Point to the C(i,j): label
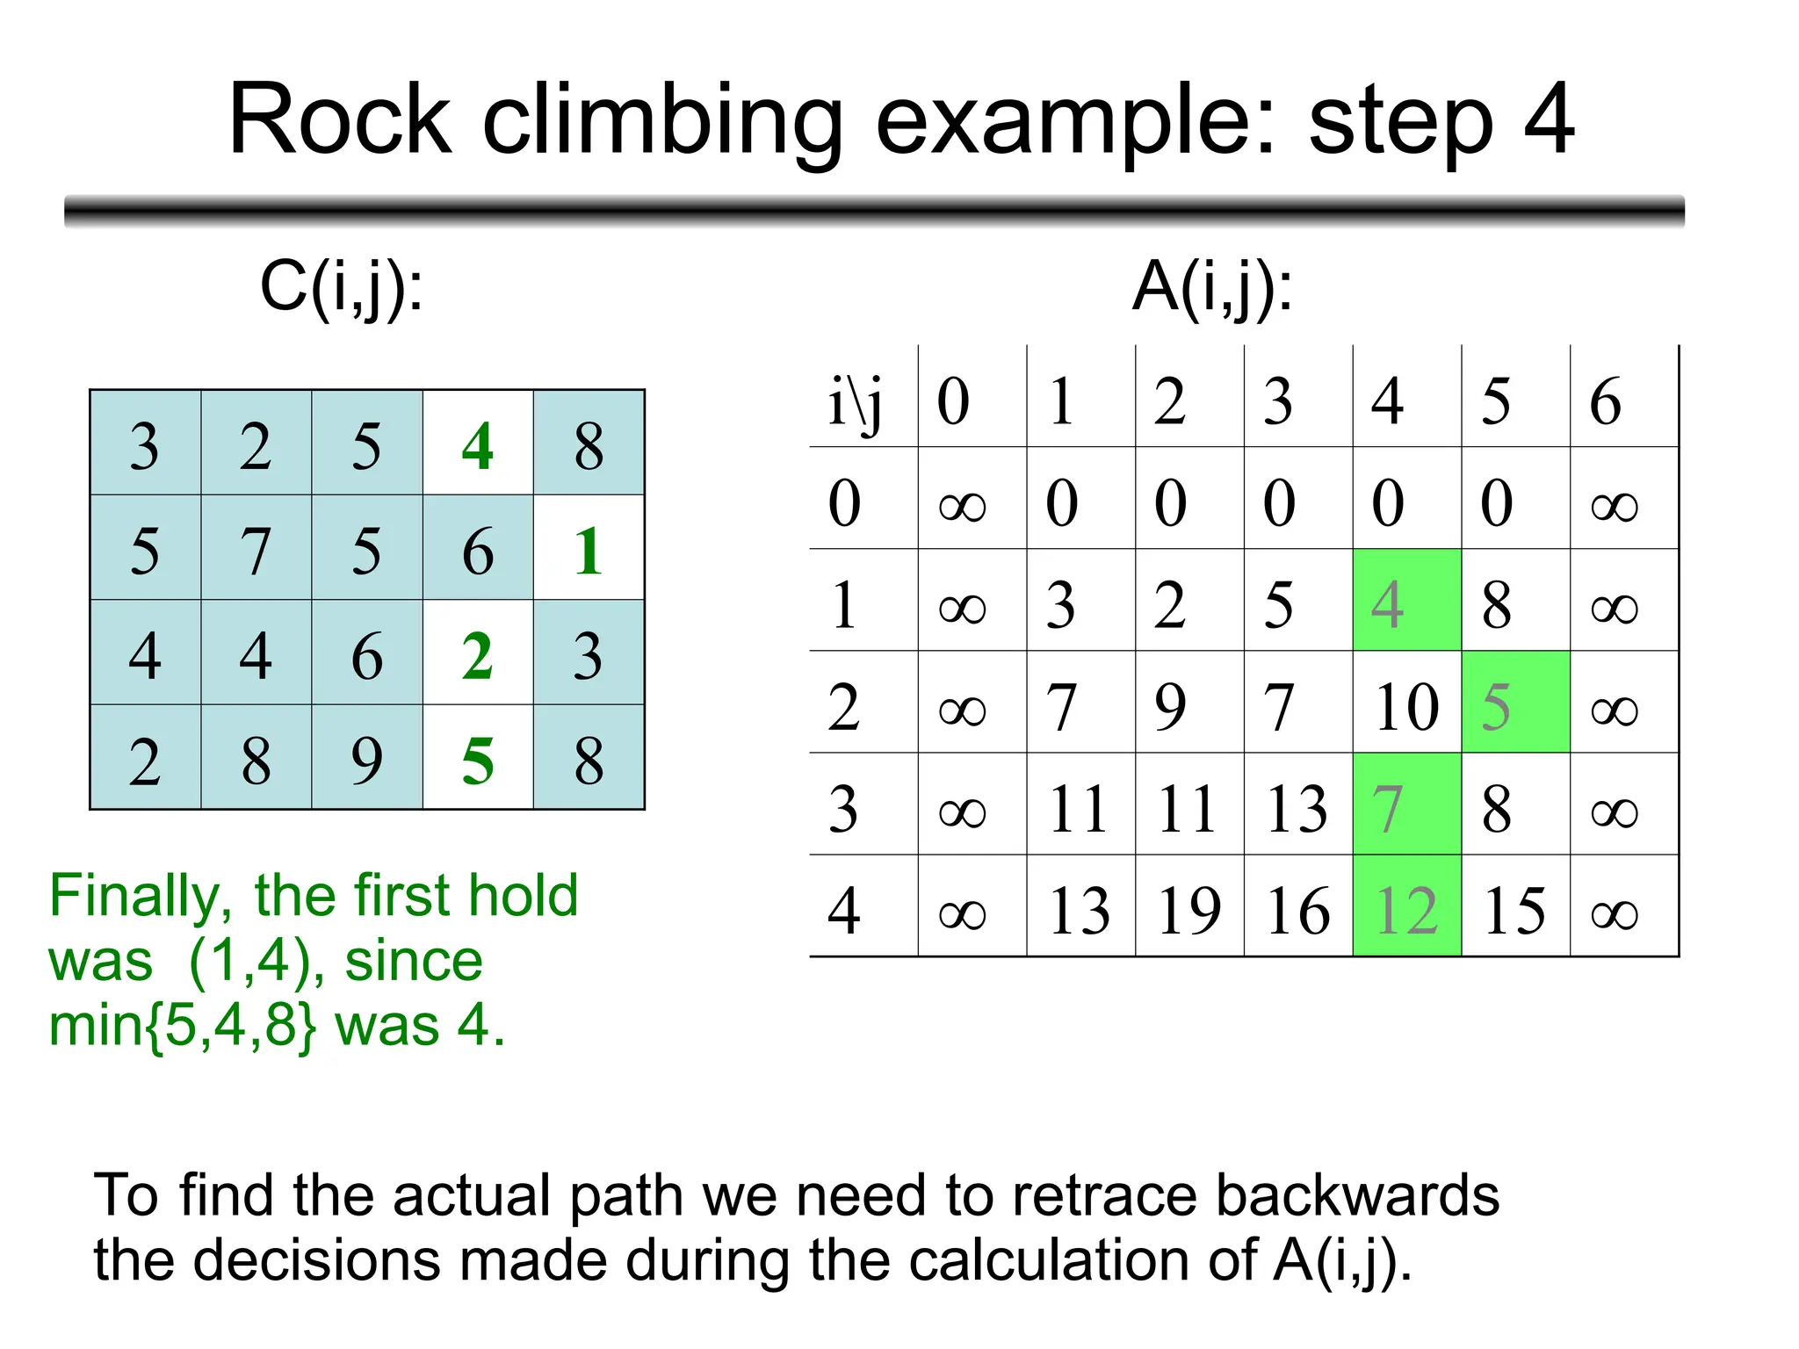[342, 288]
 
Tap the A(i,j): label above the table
[1212, 288]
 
